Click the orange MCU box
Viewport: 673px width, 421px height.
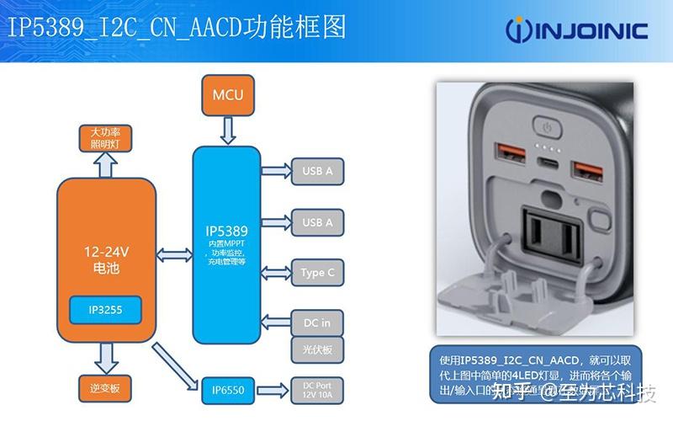227,95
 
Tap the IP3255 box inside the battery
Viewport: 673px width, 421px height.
105,311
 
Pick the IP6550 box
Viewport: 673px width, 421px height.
227,391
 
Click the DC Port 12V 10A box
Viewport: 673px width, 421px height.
317,390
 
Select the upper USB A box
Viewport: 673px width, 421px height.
317,171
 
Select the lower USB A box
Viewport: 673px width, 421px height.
317,222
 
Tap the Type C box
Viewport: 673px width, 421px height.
317,272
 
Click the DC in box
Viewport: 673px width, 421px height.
316,322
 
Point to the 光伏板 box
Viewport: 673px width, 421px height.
316,348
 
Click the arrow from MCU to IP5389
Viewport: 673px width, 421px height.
227,130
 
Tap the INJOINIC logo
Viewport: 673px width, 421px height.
576,31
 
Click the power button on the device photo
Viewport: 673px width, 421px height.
548,129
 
